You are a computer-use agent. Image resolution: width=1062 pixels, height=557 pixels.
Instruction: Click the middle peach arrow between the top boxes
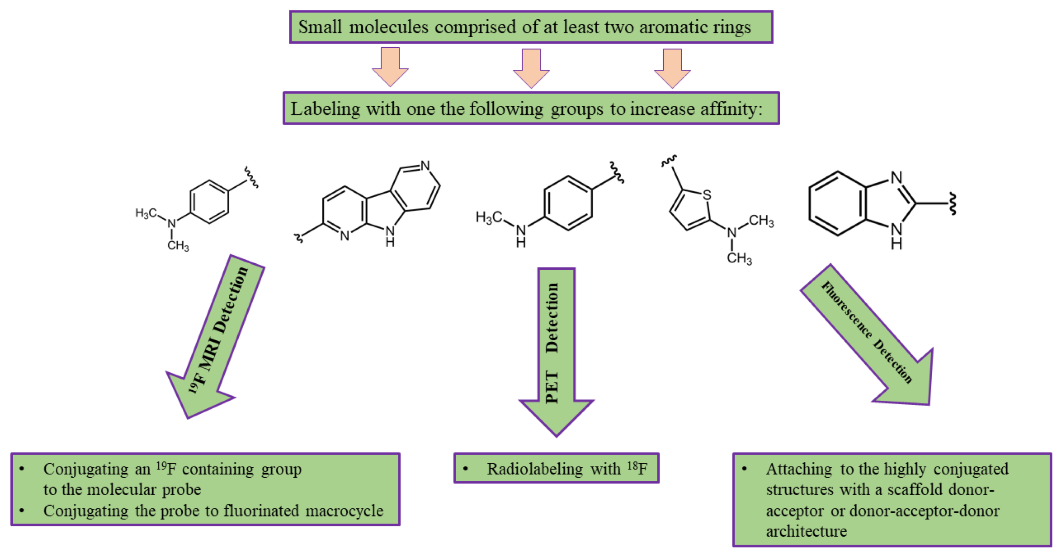[x=531, y=68]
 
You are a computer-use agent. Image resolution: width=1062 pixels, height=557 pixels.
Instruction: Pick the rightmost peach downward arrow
[x=672, y=68]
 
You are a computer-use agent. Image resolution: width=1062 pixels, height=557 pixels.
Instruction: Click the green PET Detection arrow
[x=556, y=351]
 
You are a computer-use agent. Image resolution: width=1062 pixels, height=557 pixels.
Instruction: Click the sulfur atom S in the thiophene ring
[x=707, y=195]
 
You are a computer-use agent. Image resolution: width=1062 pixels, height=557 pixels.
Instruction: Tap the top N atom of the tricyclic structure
[x=425, y=166]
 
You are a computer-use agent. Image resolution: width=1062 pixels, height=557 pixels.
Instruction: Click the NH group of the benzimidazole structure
[x=896, y=236]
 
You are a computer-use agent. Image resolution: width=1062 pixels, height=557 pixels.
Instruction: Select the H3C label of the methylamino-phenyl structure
[x=488, y=217]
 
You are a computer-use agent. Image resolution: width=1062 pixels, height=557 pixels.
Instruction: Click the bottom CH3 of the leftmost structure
[x=178, y=246]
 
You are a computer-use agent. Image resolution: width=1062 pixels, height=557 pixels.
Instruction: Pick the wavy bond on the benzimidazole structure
[x=952, y=203]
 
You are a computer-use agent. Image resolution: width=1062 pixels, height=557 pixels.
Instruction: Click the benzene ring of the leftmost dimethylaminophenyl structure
[x=209, y=202]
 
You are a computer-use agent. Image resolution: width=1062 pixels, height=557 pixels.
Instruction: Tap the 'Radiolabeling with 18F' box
[x=556, y=468]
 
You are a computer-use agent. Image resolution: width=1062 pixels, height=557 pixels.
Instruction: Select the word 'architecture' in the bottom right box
[x=806, y=531]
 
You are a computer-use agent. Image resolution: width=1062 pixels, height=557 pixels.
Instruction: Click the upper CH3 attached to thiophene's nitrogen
[x=761, y=221]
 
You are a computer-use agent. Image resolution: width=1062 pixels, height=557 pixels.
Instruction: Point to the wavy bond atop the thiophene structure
[x=669, y=161]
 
